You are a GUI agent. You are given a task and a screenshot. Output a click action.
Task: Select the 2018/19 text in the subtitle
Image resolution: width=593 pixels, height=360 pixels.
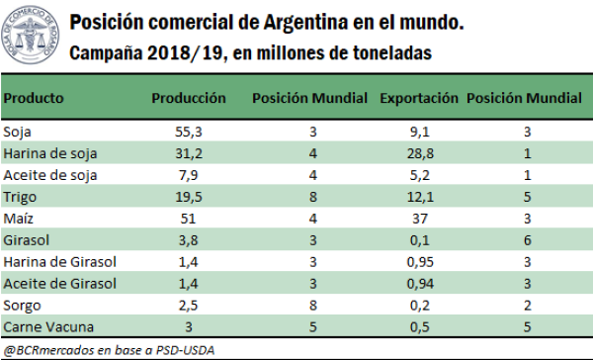[176, 53]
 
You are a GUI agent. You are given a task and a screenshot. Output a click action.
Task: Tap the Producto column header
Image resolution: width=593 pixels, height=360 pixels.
[35, 99]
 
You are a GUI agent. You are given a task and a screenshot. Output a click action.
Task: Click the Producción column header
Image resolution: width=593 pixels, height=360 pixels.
[189, 99]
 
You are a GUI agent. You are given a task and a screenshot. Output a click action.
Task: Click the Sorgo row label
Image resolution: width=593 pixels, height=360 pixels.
[21, 306]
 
